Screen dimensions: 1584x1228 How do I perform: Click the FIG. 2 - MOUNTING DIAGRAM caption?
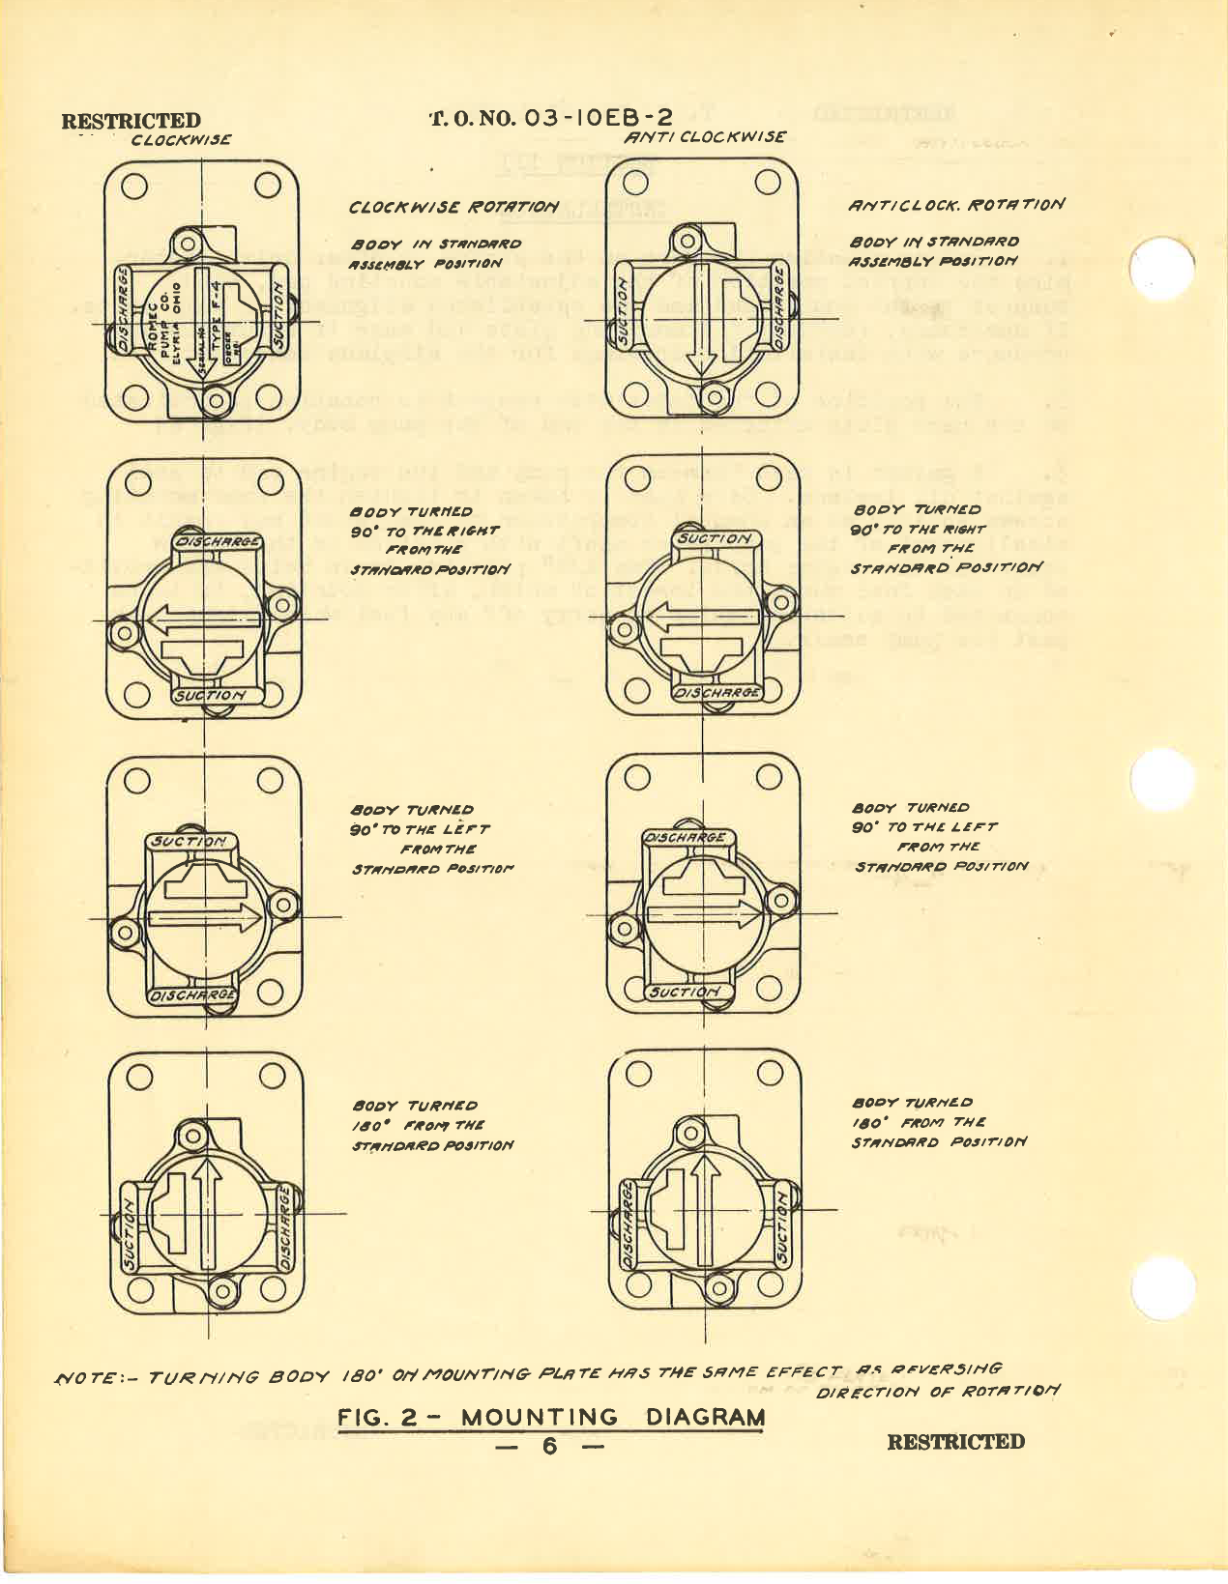[x=551, y=1418]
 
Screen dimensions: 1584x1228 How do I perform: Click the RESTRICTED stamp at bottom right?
[x=955, y=1442]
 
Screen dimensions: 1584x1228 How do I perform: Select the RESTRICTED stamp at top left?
[x=132, y=122]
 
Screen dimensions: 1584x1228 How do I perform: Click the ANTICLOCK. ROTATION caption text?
[x=956, y=205]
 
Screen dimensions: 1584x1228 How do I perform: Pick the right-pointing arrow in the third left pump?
[x=206, y=918]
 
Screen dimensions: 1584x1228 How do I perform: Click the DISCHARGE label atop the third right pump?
[x=686, y=838]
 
